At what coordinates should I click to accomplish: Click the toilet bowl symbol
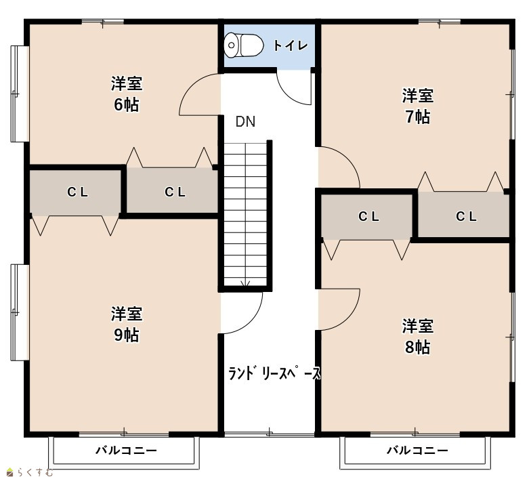244,45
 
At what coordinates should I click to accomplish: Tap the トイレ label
290,45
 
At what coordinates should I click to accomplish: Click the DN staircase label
245,122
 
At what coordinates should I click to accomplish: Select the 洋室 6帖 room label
127,93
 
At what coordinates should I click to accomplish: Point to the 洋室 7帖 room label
417,106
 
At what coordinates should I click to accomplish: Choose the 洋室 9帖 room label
127,324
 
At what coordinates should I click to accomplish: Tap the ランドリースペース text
274,373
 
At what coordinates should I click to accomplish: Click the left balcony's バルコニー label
126,451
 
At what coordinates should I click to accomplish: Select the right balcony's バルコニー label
417,451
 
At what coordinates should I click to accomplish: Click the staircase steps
245,214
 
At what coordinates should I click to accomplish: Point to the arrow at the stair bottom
245,284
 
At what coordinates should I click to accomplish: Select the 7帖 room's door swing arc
349,160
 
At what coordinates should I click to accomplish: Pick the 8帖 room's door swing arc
349,318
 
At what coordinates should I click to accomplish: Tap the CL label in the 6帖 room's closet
175,192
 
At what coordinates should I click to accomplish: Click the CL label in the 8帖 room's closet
368,216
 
